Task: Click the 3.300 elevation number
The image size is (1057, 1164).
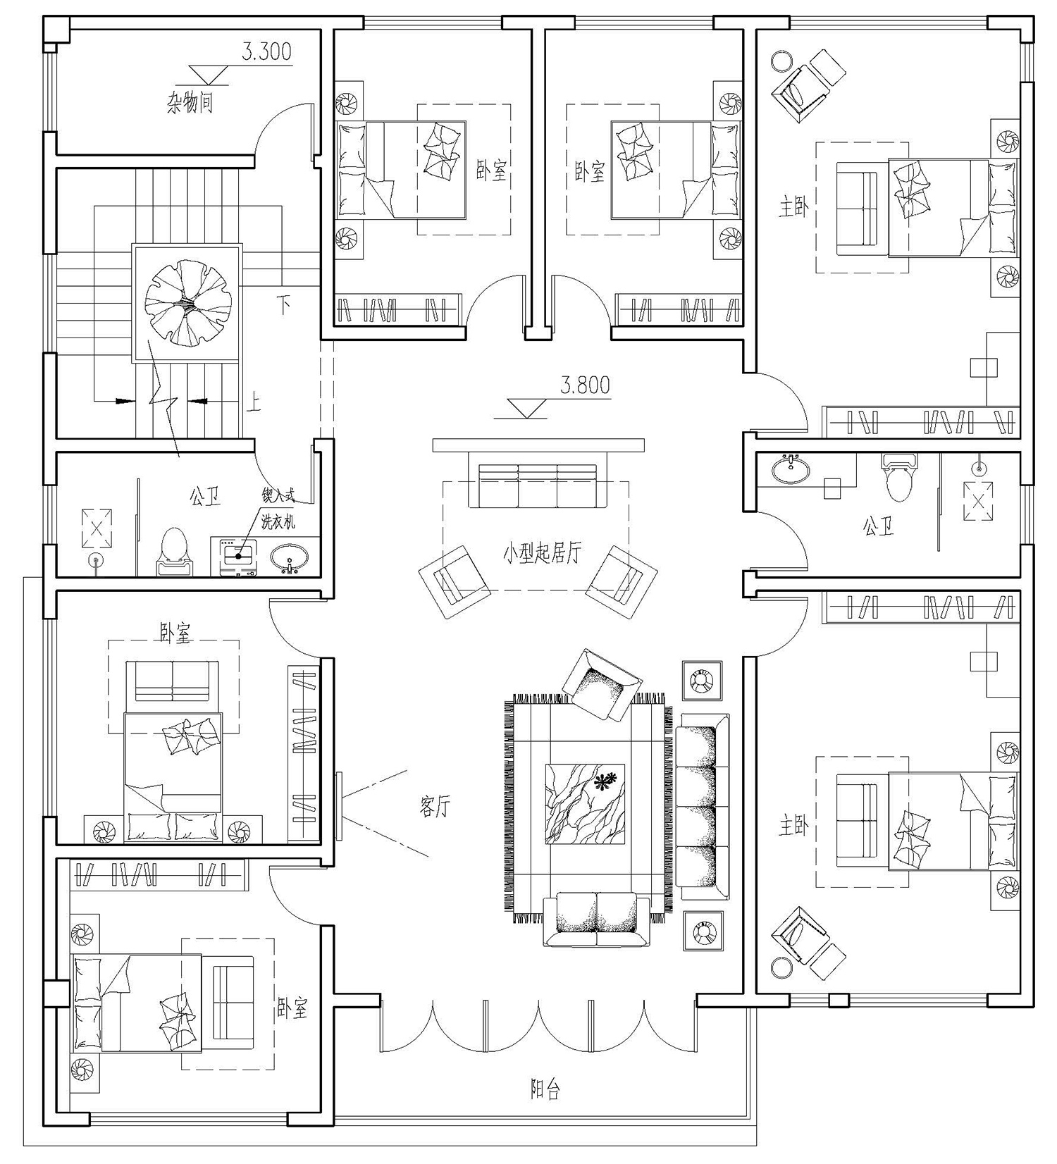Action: pos(266,52)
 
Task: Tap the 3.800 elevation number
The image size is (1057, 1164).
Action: pos(585,385)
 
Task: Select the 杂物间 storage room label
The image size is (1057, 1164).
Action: pos(190,103)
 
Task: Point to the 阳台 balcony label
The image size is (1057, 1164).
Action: pos(545,1090)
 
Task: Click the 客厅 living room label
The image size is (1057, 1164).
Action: pos(435,807)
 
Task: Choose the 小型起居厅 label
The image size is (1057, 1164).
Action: pos(542,552)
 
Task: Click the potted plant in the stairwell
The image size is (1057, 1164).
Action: pos(187,303)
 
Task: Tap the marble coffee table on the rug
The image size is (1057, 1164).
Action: pos(586,803)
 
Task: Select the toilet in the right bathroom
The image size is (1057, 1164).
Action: pos(899,476)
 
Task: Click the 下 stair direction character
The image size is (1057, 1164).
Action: pos(283,305)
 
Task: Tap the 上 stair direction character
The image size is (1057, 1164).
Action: pos(253,402)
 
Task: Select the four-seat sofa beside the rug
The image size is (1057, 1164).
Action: pos(703,806)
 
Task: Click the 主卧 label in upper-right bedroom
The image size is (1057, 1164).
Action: pos(793,208)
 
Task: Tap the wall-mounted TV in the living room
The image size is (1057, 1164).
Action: pos(339,807)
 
